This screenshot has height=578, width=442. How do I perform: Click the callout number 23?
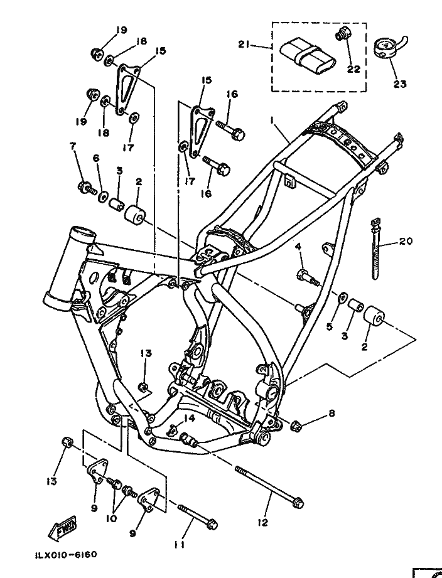(399, 84)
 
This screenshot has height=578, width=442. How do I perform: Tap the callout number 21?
(244, 45)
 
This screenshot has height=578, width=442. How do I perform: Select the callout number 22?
(353, 69)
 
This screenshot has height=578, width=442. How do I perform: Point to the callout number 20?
(406, 241)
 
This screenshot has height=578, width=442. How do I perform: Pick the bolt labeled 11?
(198, 515)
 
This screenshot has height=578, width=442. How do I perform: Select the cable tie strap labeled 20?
(375, 249)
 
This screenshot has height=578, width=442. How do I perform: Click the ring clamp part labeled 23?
(391, 47)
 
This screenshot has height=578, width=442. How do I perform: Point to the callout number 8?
(331, 414)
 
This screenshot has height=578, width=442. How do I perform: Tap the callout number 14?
(189, 418)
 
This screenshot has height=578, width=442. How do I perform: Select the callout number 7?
(73, 146)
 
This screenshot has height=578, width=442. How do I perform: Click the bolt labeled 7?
(87, 188)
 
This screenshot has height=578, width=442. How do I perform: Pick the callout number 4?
(298, 247)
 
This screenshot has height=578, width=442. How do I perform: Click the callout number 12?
(262, 522)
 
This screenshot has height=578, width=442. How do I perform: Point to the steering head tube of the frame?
(70, 269)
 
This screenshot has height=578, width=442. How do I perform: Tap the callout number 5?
(329, 326)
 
